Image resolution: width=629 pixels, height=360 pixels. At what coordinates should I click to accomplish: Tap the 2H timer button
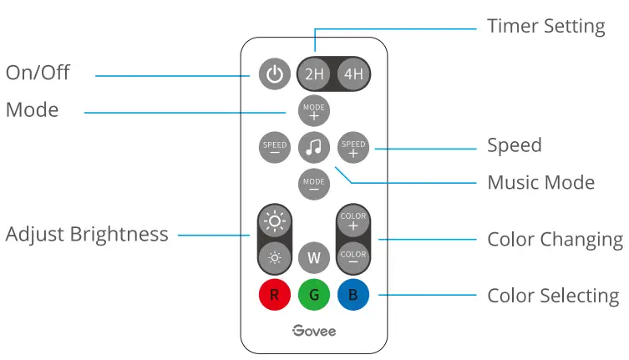coord(314,74)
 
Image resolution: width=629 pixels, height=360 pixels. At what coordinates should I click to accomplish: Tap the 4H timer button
coord(353,74)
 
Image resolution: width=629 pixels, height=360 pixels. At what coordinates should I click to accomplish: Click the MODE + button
coord(314,110)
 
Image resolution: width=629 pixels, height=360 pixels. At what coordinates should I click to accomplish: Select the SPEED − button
coord(275,147)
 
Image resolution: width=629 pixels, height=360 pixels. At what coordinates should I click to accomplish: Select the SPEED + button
coord(353,148)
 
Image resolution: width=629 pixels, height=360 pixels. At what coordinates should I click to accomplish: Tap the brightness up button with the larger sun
coord(275,221)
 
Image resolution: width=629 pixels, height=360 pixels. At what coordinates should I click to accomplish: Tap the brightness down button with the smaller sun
coord(275,257)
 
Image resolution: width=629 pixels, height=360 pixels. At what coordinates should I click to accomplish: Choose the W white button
coord(314,257)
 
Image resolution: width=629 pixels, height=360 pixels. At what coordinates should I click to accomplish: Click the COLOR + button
coord(353,221)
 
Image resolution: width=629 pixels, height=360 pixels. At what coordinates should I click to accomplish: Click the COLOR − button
coord(353,256)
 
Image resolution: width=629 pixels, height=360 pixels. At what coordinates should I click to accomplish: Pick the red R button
coord(275,294)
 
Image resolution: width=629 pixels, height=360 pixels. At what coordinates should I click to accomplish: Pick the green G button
coord(314,294)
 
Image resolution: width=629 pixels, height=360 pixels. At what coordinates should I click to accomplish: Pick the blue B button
coord(353,294)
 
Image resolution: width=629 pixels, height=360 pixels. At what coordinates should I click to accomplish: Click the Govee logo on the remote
coord(314,331)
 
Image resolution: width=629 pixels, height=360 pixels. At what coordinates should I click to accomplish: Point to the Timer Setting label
coord(546,26)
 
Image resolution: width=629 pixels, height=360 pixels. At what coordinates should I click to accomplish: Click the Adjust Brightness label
coord(87,234)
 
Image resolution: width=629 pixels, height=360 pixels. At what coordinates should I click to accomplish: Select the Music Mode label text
coord(540,182)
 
